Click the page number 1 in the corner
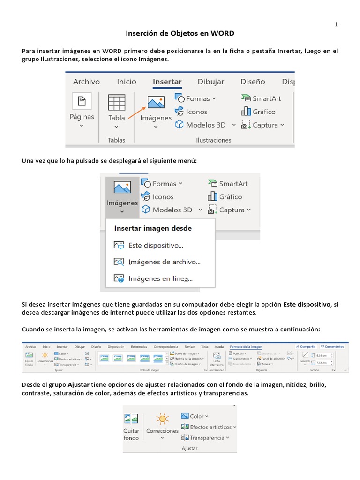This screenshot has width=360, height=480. tap(336, 24)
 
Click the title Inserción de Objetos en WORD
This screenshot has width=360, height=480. tap(180, 34)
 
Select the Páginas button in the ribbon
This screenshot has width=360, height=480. tap(82, 110)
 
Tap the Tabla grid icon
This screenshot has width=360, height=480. tap(116, 102)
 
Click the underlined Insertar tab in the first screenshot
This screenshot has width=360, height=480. tap(167, 82)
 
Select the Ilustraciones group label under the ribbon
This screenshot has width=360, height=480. tap(213, 140)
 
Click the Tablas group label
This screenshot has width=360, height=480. tap(116, 140)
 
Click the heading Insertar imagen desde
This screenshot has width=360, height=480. tap(153, 228)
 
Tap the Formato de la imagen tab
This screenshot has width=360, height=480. tap(246, 346)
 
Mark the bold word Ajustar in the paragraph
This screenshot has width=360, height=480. tap(79, 385)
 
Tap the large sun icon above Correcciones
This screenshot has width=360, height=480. tap(162, 419)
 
